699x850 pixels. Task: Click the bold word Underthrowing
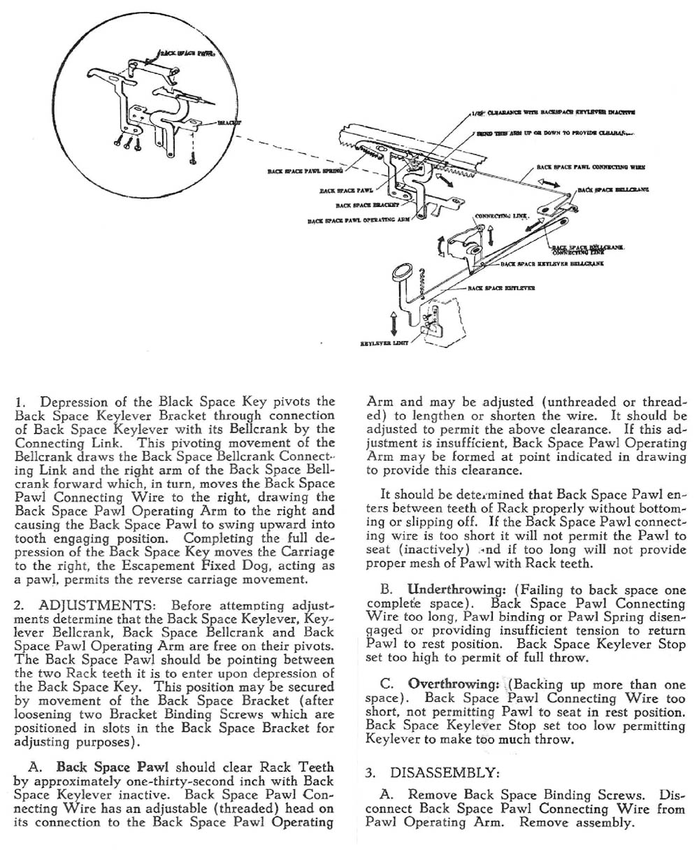[x=451, y=589]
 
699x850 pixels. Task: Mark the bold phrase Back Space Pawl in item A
[x=114, y=767]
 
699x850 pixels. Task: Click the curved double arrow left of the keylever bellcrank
[x=440, y=247]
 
